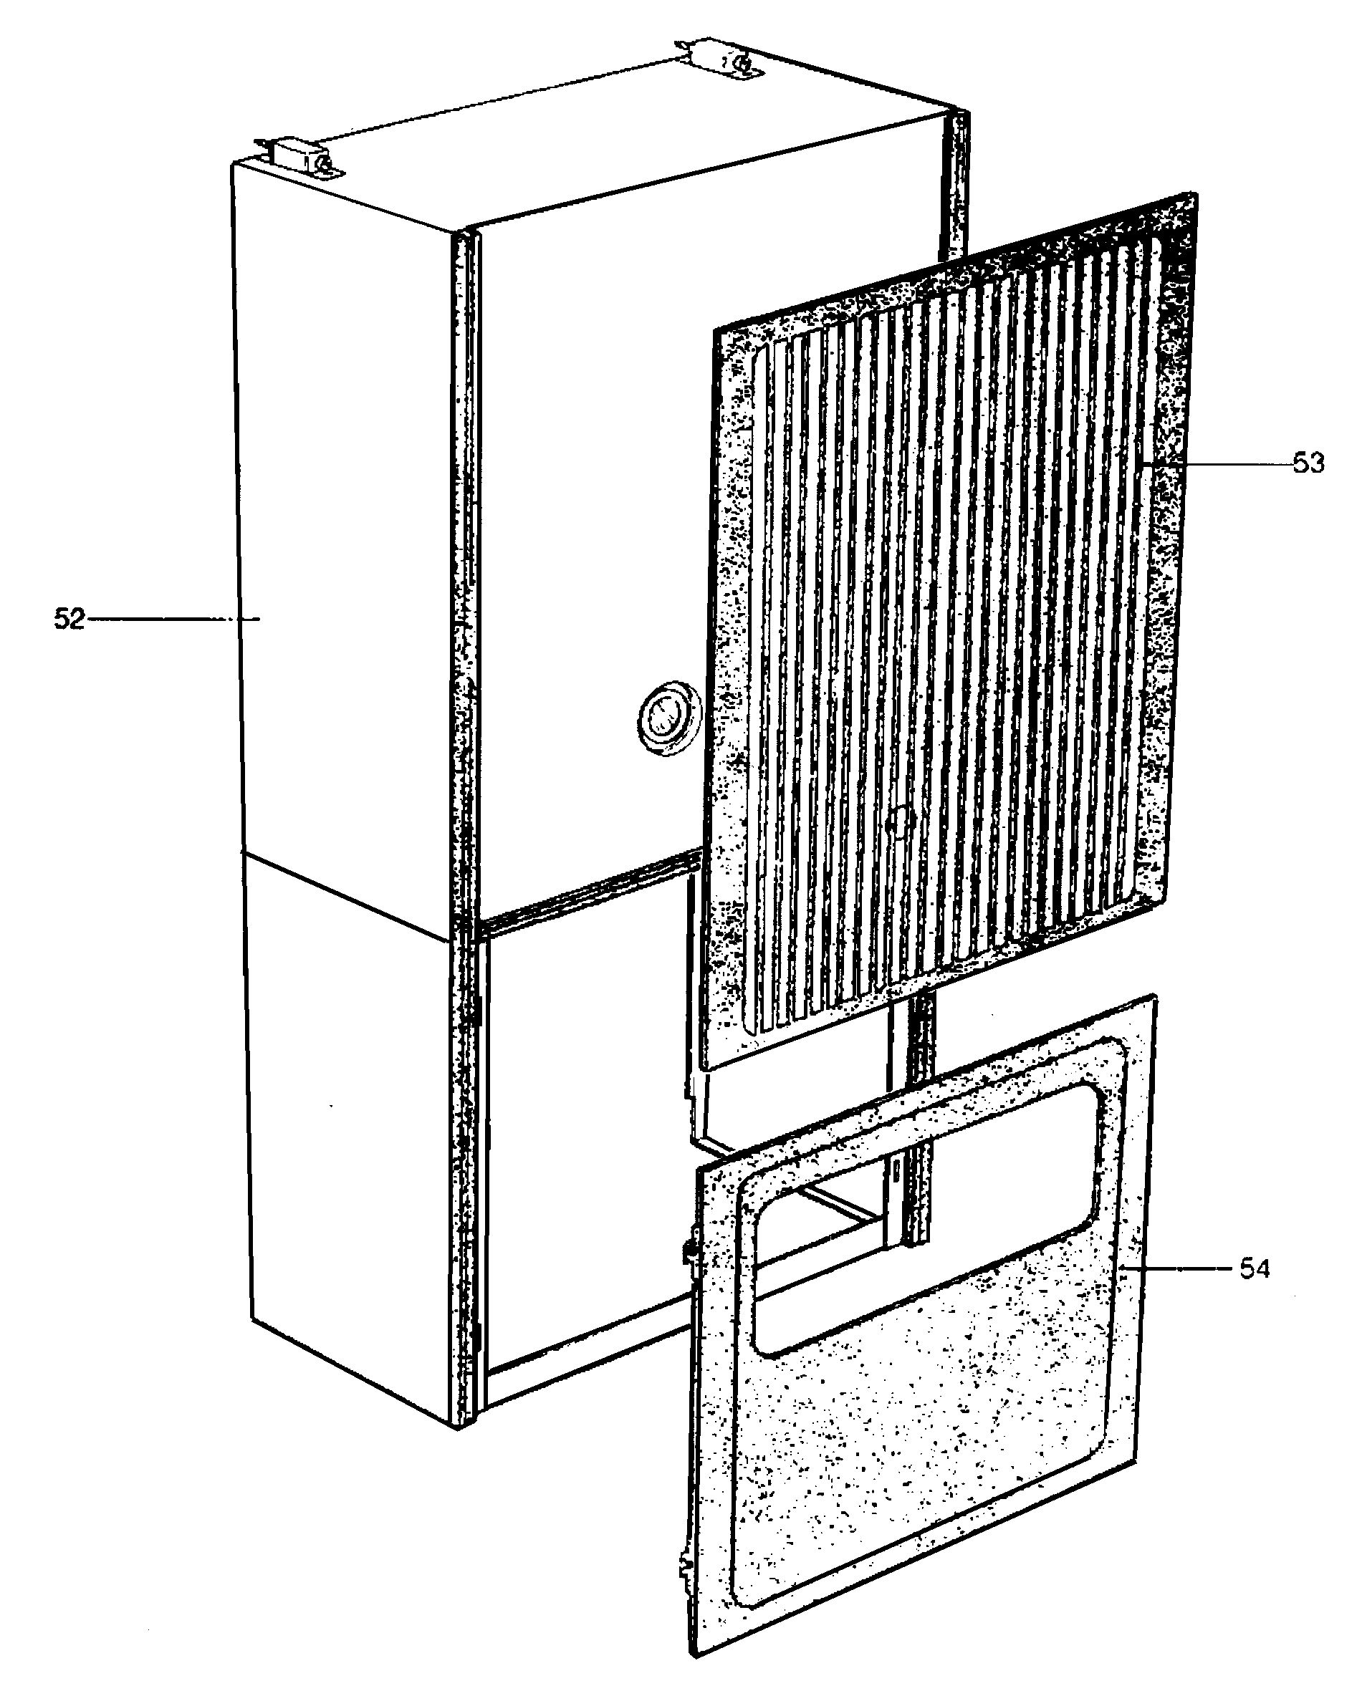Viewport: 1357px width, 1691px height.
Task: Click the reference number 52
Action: [x=68, y=620]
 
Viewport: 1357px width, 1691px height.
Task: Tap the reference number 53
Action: [x=1308, y=464]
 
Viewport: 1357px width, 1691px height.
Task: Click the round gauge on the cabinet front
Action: [x=665, y=718]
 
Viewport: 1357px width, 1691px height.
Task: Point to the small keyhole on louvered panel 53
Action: [x=899, y=824]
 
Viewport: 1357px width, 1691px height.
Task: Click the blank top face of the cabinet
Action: [x=596, y=157]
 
